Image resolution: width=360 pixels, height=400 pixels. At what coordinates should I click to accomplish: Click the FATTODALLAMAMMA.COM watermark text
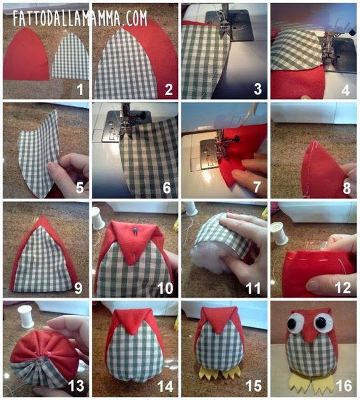point(80,18)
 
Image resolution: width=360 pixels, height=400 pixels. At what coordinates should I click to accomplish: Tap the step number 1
point(80,89)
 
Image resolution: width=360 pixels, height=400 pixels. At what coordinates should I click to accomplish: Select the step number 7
point(257,187)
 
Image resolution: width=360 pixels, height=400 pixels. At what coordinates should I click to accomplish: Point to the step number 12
point(343,288)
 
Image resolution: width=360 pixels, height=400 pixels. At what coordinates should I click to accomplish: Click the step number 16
point(344,385)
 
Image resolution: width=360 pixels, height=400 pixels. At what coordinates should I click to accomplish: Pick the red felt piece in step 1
point(26,54)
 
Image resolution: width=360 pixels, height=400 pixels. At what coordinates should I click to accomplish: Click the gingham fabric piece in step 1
point(71,56)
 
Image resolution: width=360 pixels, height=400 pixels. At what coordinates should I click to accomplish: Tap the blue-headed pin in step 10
point(134,230)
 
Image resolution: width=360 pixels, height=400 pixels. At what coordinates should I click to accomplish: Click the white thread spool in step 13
point(26,316)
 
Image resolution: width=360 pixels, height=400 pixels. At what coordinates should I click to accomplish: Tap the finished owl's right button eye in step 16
point(322,322)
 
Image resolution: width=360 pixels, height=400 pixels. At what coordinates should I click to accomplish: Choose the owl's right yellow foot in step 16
point(322,382)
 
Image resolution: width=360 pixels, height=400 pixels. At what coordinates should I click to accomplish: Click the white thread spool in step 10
point(98,218)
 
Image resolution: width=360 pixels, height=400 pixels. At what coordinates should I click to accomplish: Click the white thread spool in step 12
point(280,233)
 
